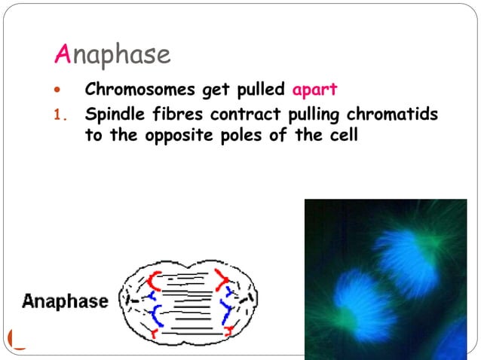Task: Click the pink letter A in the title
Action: [x=64, y=54]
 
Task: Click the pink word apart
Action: [x=315, y=90]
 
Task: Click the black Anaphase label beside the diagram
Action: [x=65, y=301]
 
